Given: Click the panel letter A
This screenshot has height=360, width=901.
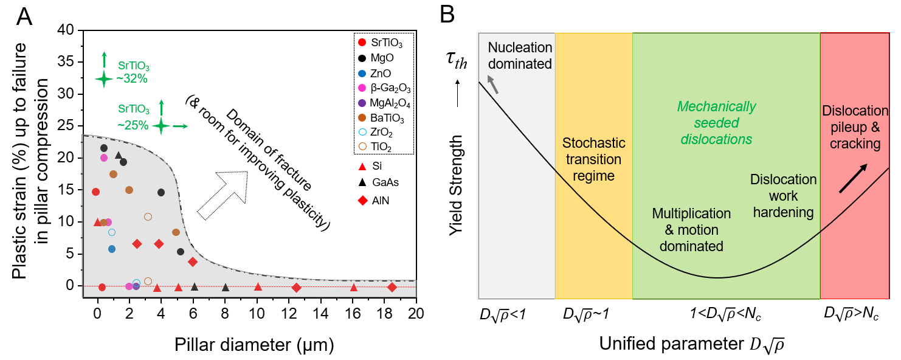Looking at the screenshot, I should (25, 16).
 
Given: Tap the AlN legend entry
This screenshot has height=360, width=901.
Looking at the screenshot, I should (378, 200).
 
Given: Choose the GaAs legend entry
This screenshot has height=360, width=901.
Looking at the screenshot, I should (381, 182).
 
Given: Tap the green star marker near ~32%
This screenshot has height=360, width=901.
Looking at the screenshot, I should (103, 78).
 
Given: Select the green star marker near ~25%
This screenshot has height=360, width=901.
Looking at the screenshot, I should (161, 126).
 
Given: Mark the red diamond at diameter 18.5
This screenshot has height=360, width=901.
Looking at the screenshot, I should (392, 287).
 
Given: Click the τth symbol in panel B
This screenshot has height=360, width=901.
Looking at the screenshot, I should (455, 61).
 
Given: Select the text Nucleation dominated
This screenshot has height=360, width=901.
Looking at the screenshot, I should (519, 55).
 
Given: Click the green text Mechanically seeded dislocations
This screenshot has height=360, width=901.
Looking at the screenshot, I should (716, 123).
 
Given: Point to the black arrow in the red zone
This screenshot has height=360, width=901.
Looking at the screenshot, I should (854, 179).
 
